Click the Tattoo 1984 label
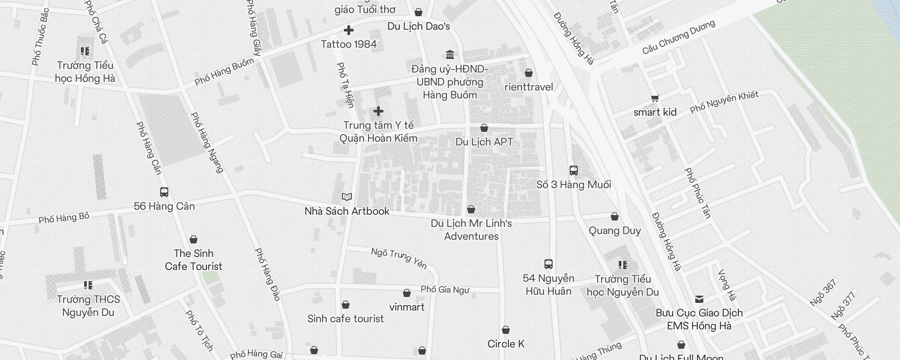pyautogui.click(x=349, y=44)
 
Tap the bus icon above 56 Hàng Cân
pyautogui.click(x=164, y=192)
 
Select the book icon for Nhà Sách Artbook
pyautogui.click(x=347, y=197)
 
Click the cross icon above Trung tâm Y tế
pyautogui.click(x=378, y=111)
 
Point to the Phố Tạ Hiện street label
pyautogui.click(x=346, y=85)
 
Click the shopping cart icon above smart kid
pyautogui.click(x=655, y=98)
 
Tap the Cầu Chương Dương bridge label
pyautogui.click(x=679, y=37)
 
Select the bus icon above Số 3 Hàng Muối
pyautogui.click(x=574, y=171)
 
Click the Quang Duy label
pyautogui.click(x=615, y=231)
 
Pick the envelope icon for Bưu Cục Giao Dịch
pyautogui.click(x=699, y=299)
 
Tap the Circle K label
pyautogui.click(x=506, y=344)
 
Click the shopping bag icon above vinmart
pyautogui.click(x=407, y=293)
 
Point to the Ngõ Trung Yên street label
pyautogui.click(x=399, y=258)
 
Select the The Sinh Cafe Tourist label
pyautogui.click(x=193, y=260)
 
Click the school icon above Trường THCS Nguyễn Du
pyautogui.click(x=88, y=285)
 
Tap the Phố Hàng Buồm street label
pyautogui.click(x=224, y=72)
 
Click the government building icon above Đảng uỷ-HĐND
pyautogui.click(x=450, y=55)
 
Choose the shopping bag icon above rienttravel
pyautogui.click(x=529, y=73)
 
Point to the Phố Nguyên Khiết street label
pyautogui.click(x=724, y=102)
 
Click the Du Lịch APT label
pyautogui.click(x=484, y=142)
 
